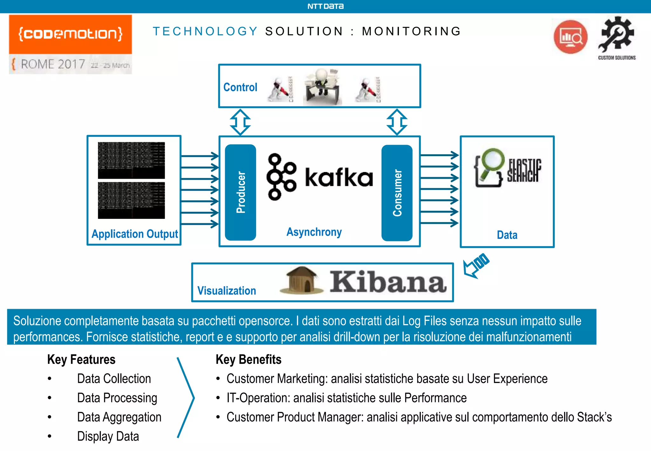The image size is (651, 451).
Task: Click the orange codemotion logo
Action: pyautogui.click(x=70, y=34)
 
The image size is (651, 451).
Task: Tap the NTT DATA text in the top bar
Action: pyautogui.click(x=325, y=6)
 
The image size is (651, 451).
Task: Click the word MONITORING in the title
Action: pyautogui.click(x=411, y=31)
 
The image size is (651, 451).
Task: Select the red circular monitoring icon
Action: pyautogui.click(x=570, y=37)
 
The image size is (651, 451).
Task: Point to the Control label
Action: pyautogui.click(x=240, y=87)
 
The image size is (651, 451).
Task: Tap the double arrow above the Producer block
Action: pyautogui.click(x=240, y=122)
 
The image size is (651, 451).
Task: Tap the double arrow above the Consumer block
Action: pyautogui.click(x=397, y=122)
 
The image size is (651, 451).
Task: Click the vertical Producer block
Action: pyautogui.click(x=240, y=192)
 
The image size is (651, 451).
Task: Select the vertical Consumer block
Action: pyautogui.click(x=397, y=193)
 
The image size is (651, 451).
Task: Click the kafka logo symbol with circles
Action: pyautogui.click(x=281, y=177)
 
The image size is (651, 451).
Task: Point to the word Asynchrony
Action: pyautogui.click(x=314, y=232)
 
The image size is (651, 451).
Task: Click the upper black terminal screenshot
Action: pyautogui.click(x=131, y=160)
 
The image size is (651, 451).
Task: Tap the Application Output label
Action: pyautogui.click(x=134, y=234)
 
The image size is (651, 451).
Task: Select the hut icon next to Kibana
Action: pyautogui.click(x=301, y=281)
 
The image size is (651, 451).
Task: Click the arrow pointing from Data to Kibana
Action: pyautogui.click(x=476, y=266)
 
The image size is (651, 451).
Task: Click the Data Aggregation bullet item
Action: pyautogui.click(x=119, y=417)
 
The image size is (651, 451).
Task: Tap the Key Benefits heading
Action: pyautogui.click(x=248, y=359)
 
